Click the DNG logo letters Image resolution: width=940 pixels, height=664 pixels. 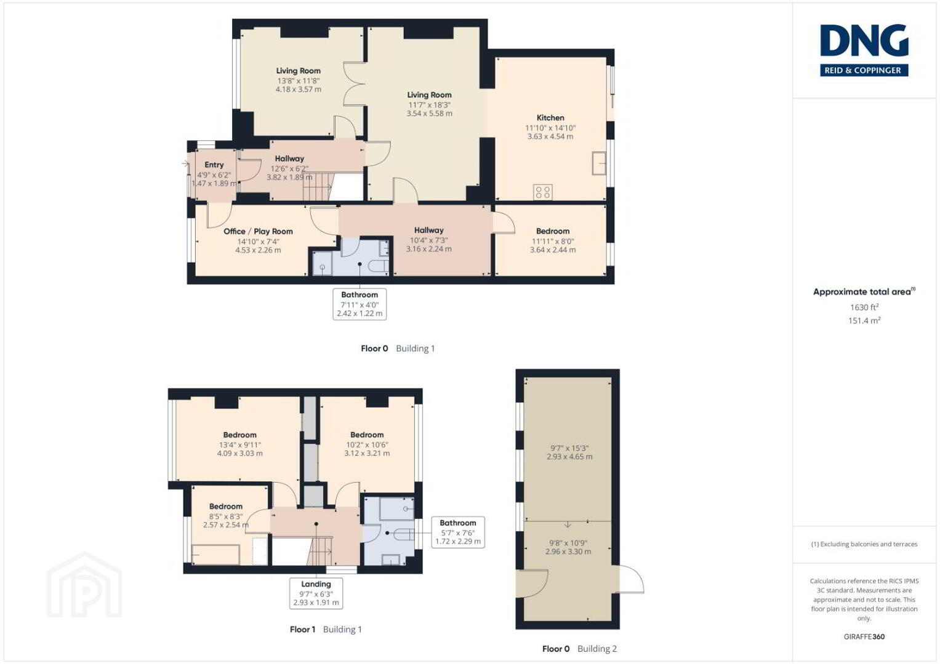(x=864, y=40)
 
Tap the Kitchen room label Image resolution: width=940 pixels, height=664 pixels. (x=550, y=118)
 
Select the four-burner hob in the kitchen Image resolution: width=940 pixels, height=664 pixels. (x=542, y=192)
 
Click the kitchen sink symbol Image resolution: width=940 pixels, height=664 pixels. (x=599, y=163)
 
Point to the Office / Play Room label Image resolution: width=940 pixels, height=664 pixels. (x=258, y=231)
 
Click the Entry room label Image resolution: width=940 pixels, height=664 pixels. (x=214, y=165)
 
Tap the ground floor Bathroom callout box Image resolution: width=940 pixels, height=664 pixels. (x=360, y=304)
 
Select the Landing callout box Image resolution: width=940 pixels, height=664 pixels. (x=316, y=593)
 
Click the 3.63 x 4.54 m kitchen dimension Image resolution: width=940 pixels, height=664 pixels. (x=550, y=136)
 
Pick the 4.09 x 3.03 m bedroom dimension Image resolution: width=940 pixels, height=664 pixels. (x=239, y=453)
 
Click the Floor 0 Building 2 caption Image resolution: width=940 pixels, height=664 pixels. (x=579, y=649)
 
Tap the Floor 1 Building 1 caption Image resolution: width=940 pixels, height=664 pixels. (x=326, y=629)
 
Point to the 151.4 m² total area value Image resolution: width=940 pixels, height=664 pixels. (x=864, y=320)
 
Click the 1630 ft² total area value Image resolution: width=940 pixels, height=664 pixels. (x=864, y=307)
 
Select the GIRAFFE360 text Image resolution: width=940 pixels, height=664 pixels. (x=864, y=637)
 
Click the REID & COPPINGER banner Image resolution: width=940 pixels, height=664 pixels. (x=864, y=70)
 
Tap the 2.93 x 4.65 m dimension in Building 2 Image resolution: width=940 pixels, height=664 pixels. (x=569, y=456)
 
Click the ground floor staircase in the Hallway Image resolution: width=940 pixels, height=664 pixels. (x=318, y=186)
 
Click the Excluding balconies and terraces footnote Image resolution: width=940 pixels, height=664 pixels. (x=864, y=544)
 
